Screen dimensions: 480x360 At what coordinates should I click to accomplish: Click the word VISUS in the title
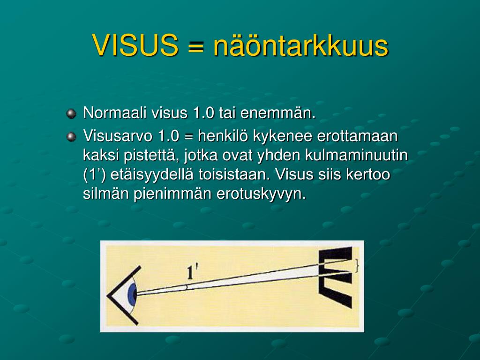pyautogui.click(x=135, y=45)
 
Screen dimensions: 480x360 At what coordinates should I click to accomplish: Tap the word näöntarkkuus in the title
pyautogui.click(x=301, y=45)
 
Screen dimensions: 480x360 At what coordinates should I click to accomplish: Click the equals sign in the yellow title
pyautogui.click(x=195, y=46)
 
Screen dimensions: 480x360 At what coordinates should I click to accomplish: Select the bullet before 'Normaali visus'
pyautogui.click(x=71, y=113)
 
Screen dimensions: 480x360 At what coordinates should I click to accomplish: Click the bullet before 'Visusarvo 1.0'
pyautogui.click(x=71, y=136)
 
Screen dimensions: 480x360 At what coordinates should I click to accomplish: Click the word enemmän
pyautogui.click(x=278, y=113)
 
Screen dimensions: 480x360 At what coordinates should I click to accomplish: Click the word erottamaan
pyautogui.click(x=357, y=136)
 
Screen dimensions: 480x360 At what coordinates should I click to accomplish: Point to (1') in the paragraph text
pyautogui.click(x=94, y=175)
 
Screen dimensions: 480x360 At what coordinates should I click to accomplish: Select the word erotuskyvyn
pyautogui.click(x=261, y=194)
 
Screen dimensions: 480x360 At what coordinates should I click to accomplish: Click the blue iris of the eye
pyautogui.click(x=133, y=294)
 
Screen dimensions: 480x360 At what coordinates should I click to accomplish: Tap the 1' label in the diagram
pyautogui.click(x=192, y=272)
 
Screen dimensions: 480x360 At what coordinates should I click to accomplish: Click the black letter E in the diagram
pyautogui.click(x=336, y=277)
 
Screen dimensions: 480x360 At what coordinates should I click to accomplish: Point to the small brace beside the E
pyautogui.click(x=356, y=266)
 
